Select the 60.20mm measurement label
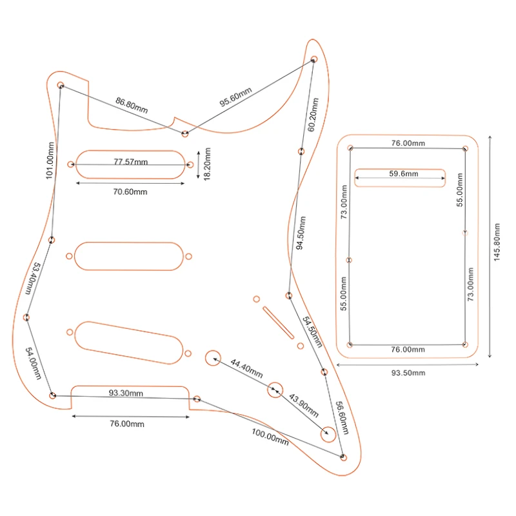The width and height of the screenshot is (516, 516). point(313,115)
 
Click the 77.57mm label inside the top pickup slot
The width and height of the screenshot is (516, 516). point(131,162)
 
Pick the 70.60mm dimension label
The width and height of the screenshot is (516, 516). point(131,192)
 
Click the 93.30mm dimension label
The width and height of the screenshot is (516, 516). point(126,393)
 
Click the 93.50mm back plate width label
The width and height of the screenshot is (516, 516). point(408,373)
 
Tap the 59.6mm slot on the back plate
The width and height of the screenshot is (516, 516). point(400,177)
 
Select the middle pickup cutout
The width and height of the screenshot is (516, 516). point(129,256)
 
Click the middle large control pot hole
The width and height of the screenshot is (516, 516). point(275,389)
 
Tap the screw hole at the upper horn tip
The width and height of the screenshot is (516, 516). point(314,59)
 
